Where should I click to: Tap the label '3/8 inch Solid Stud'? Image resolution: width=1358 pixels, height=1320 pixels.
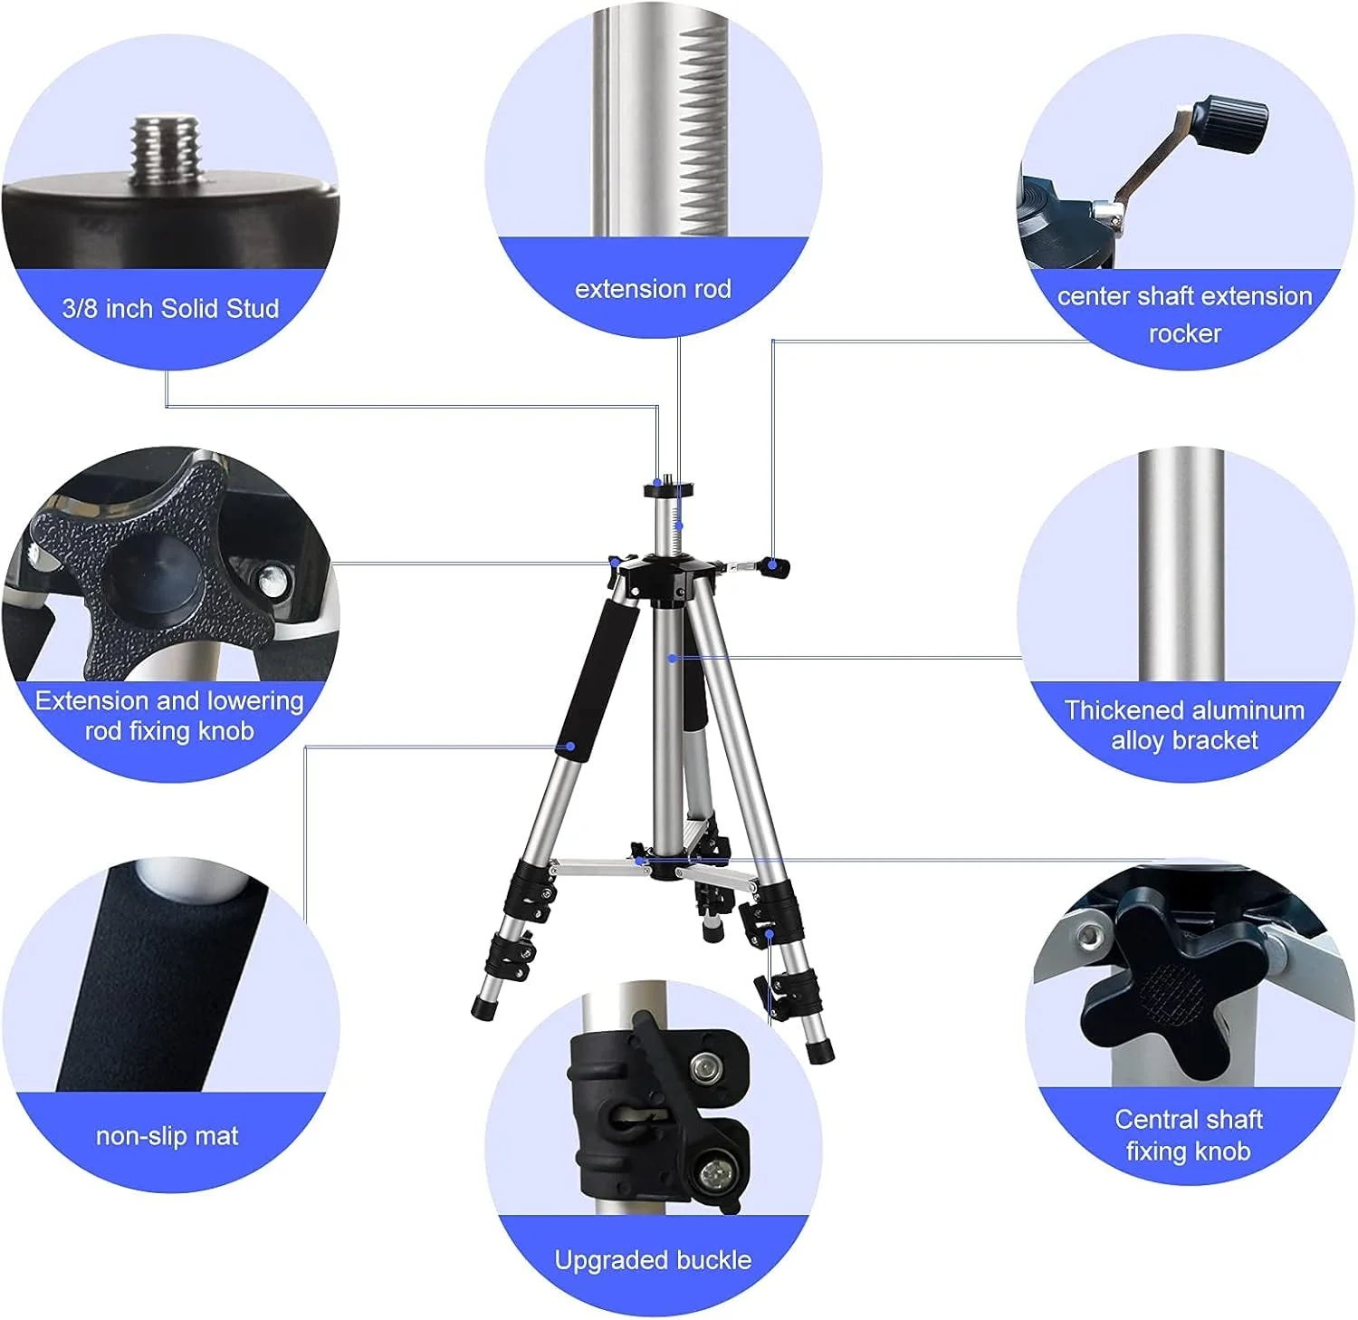pyautogui.click(x=170, y=309)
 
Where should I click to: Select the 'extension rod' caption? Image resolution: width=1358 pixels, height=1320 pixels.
pyautogui.click(x=653, y=289)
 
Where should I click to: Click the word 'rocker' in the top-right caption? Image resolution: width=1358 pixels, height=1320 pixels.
pyautogui.click(x=1184, y=334)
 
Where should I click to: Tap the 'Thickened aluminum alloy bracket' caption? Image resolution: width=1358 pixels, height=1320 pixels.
pyautogui.click(x=1184, y=725)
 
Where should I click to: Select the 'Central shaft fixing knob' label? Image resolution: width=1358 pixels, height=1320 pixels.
pyautogui.click(x=1188, y=1135)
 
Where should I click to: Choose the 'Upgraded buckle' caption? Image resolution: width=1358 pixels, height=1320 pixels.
pyautogui.click(x=653, y=1260)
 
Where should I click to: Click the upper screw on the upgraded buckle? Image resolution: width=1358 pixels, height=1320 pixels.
pyautogui.click(x=704, y=1069)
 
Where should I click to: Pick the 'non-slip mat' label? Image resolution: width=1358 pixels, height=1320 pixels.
pyautogui.click(x=167, y=1136)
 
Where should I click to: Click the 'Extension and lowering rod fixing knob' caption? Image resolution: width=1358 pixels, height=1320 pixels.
pyautogui.click(x=169, y=716)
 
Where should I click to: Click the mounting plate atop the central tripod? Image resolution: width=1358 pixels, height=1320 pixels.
pyautogui.click(x=668, y=490)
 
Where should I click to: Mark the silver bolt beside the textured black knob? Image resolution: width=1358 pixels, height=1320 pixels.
pyautogui.click(x=271, y=580)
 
